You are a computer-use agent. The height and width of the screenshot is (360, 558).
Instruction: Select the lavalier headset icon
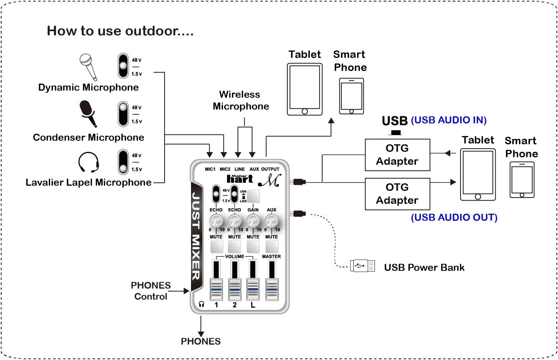(x=88, y=162)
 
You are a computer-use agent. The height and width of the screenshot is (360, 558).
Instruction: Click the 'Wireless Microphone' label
(x=240, y=101)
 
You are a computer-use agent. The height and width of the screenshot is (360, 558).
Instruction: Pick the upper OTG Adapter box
(x=397, y=155)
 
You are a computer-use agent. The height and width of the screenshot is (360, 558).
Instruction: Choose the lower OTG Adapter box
(x=397, y=194)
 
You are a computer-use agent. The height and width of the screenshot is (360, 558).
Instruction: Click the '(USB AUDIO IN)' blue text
(x=449, y=120)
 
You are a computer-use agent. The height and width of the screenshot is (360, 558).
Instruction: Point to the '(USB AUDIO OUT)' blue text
(x=454, y=218)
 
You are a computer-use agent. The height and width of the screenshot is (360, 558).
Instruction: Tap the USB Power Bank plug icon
(x=362, y=266)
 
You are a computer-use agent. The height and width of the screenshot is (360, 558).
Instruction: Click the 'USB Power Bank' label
(x=424, y=268)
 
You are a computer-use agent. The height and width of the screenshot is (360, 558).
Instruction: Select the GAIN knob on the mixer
(x=253, y=220)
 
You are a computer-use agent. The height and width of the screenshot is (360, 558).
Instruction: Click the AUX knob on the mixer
(x=272, y=220)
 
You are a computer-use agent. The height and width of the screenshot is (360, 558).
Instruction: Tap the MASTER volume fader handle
(x=272, y=289)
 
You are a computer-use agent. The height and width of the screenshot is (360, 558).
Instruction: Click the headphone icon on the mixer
(x=202, y=304)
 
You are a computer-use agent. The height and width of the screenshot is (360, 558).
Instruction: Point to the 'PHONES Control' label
(x=151, y=291)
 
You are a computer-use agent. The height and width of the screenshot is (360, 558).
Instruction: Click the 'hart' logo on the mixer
(x=240, y=179)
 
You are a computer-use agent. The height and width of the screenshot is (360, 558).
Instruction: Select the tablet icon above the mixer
(x=304, y=90)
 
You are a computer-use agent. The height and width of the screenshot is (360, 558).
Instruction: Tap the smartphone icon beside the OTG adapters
(x=522, y=180)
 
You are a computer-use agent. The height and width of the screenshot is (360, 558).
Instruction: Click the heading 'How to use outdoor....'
(x=120, y=31)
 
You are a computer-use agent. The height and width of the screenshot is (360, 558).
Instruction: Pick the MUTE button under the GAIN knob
(x=253, y=246)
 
